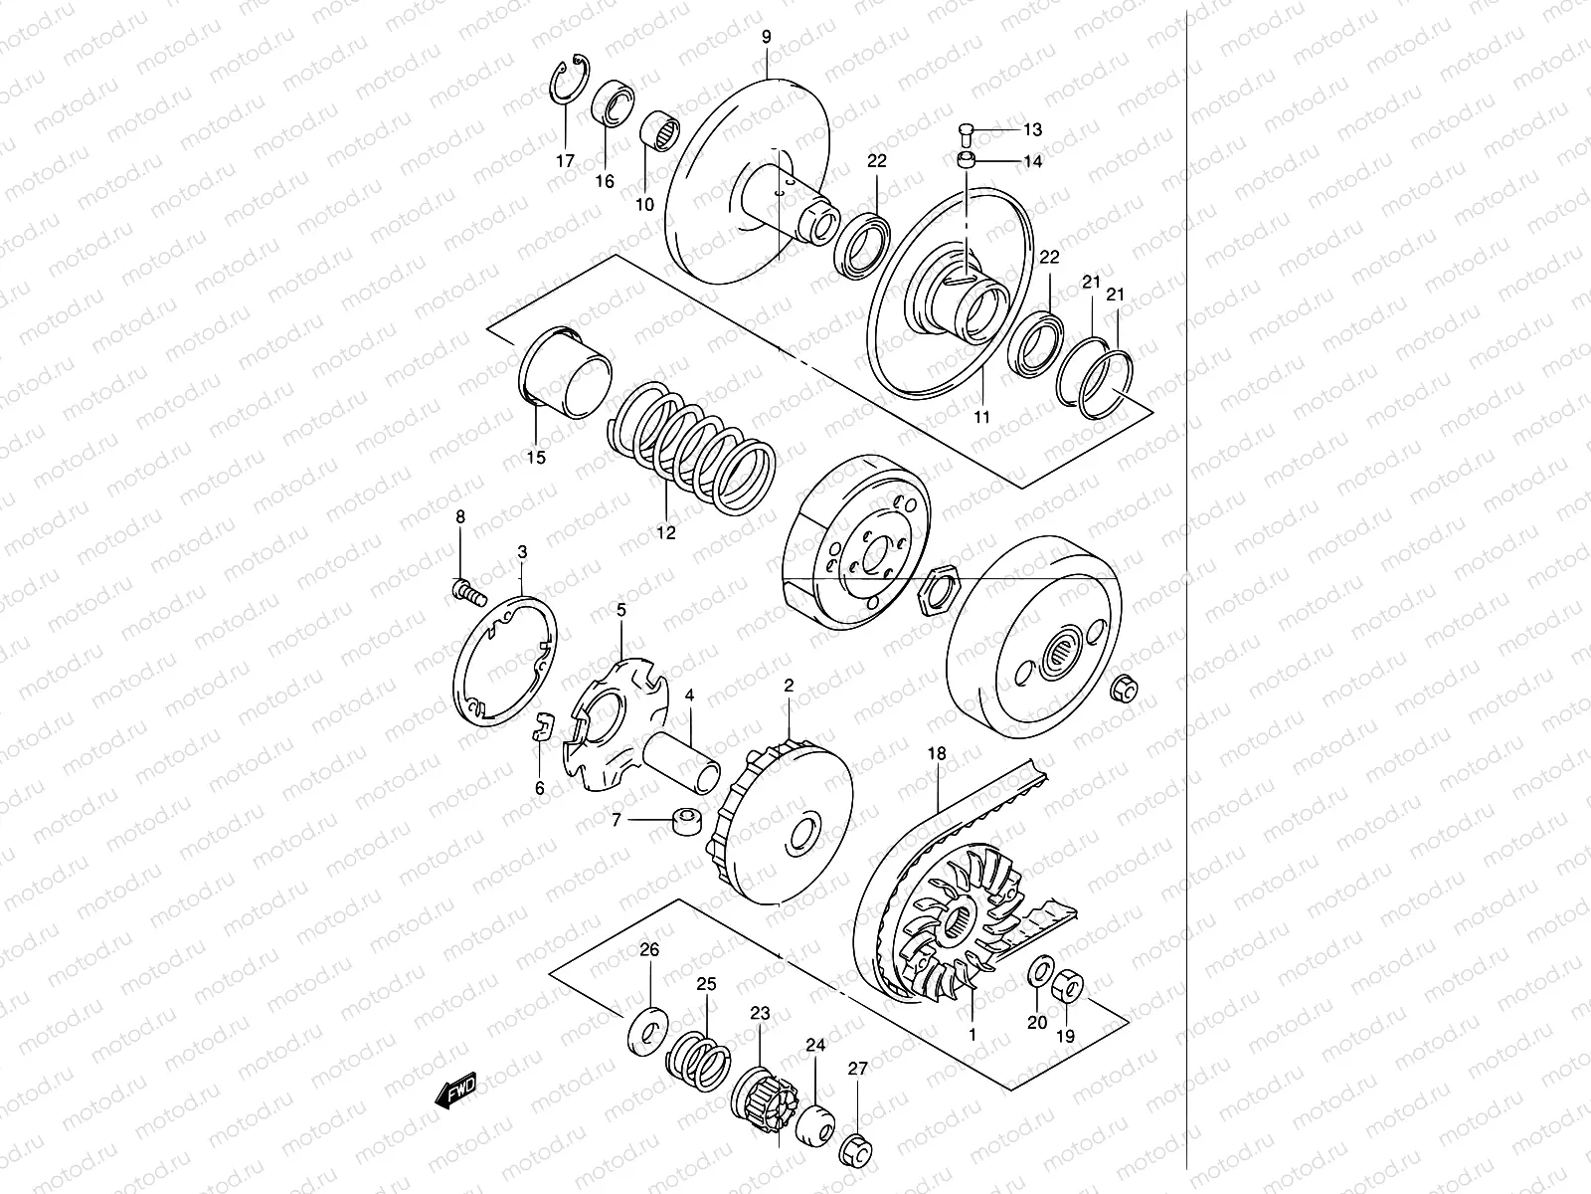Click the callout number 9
coord(766,38)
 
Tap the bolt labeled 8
coord(467,593)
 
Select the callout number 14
coord(1032,161)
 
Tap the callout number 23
coord(760,1014)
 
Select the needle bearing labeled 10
coord(656,132)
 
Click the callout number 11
coord(980,418)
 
